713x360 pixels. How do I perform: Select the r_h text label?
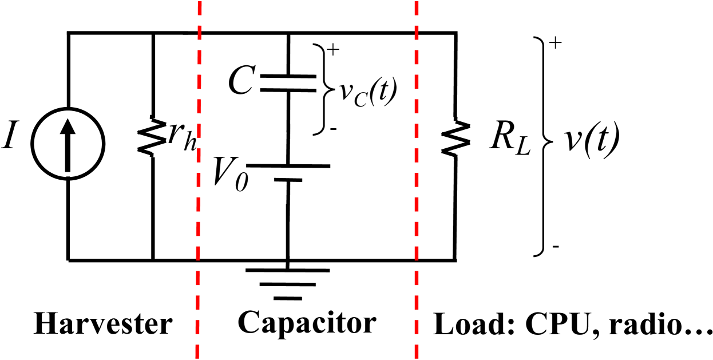(184, 141)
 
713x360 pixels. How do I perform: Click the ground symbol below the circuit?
(288, 284)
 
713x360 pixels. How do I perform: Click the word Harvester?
(103, 325)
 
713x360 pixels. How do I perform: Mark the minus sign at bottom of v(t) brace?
(556, 247)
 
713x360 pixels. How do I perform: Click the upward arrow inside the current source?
(68, 143)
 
